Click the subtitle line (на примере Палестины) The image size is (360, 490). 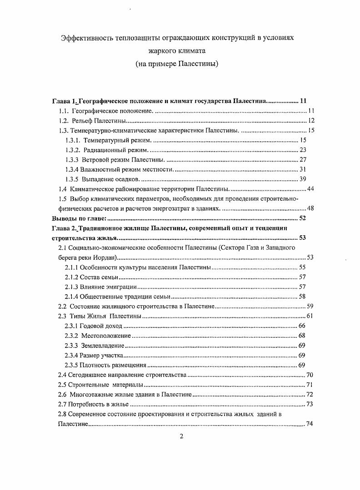pyautogui.click(x=177, y=64)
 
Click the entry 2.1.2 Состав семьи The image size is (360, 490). pyautogui.click(x=92, y=277)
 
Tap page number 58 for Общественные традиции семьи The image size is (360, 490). pyautogui.click(x=302, y=297)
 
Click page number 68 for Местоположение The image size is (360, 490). pyautogui.click(x=302, y=336)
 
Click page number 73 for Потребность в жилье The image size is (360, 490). pyautogui.click(x=310, y=404)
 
